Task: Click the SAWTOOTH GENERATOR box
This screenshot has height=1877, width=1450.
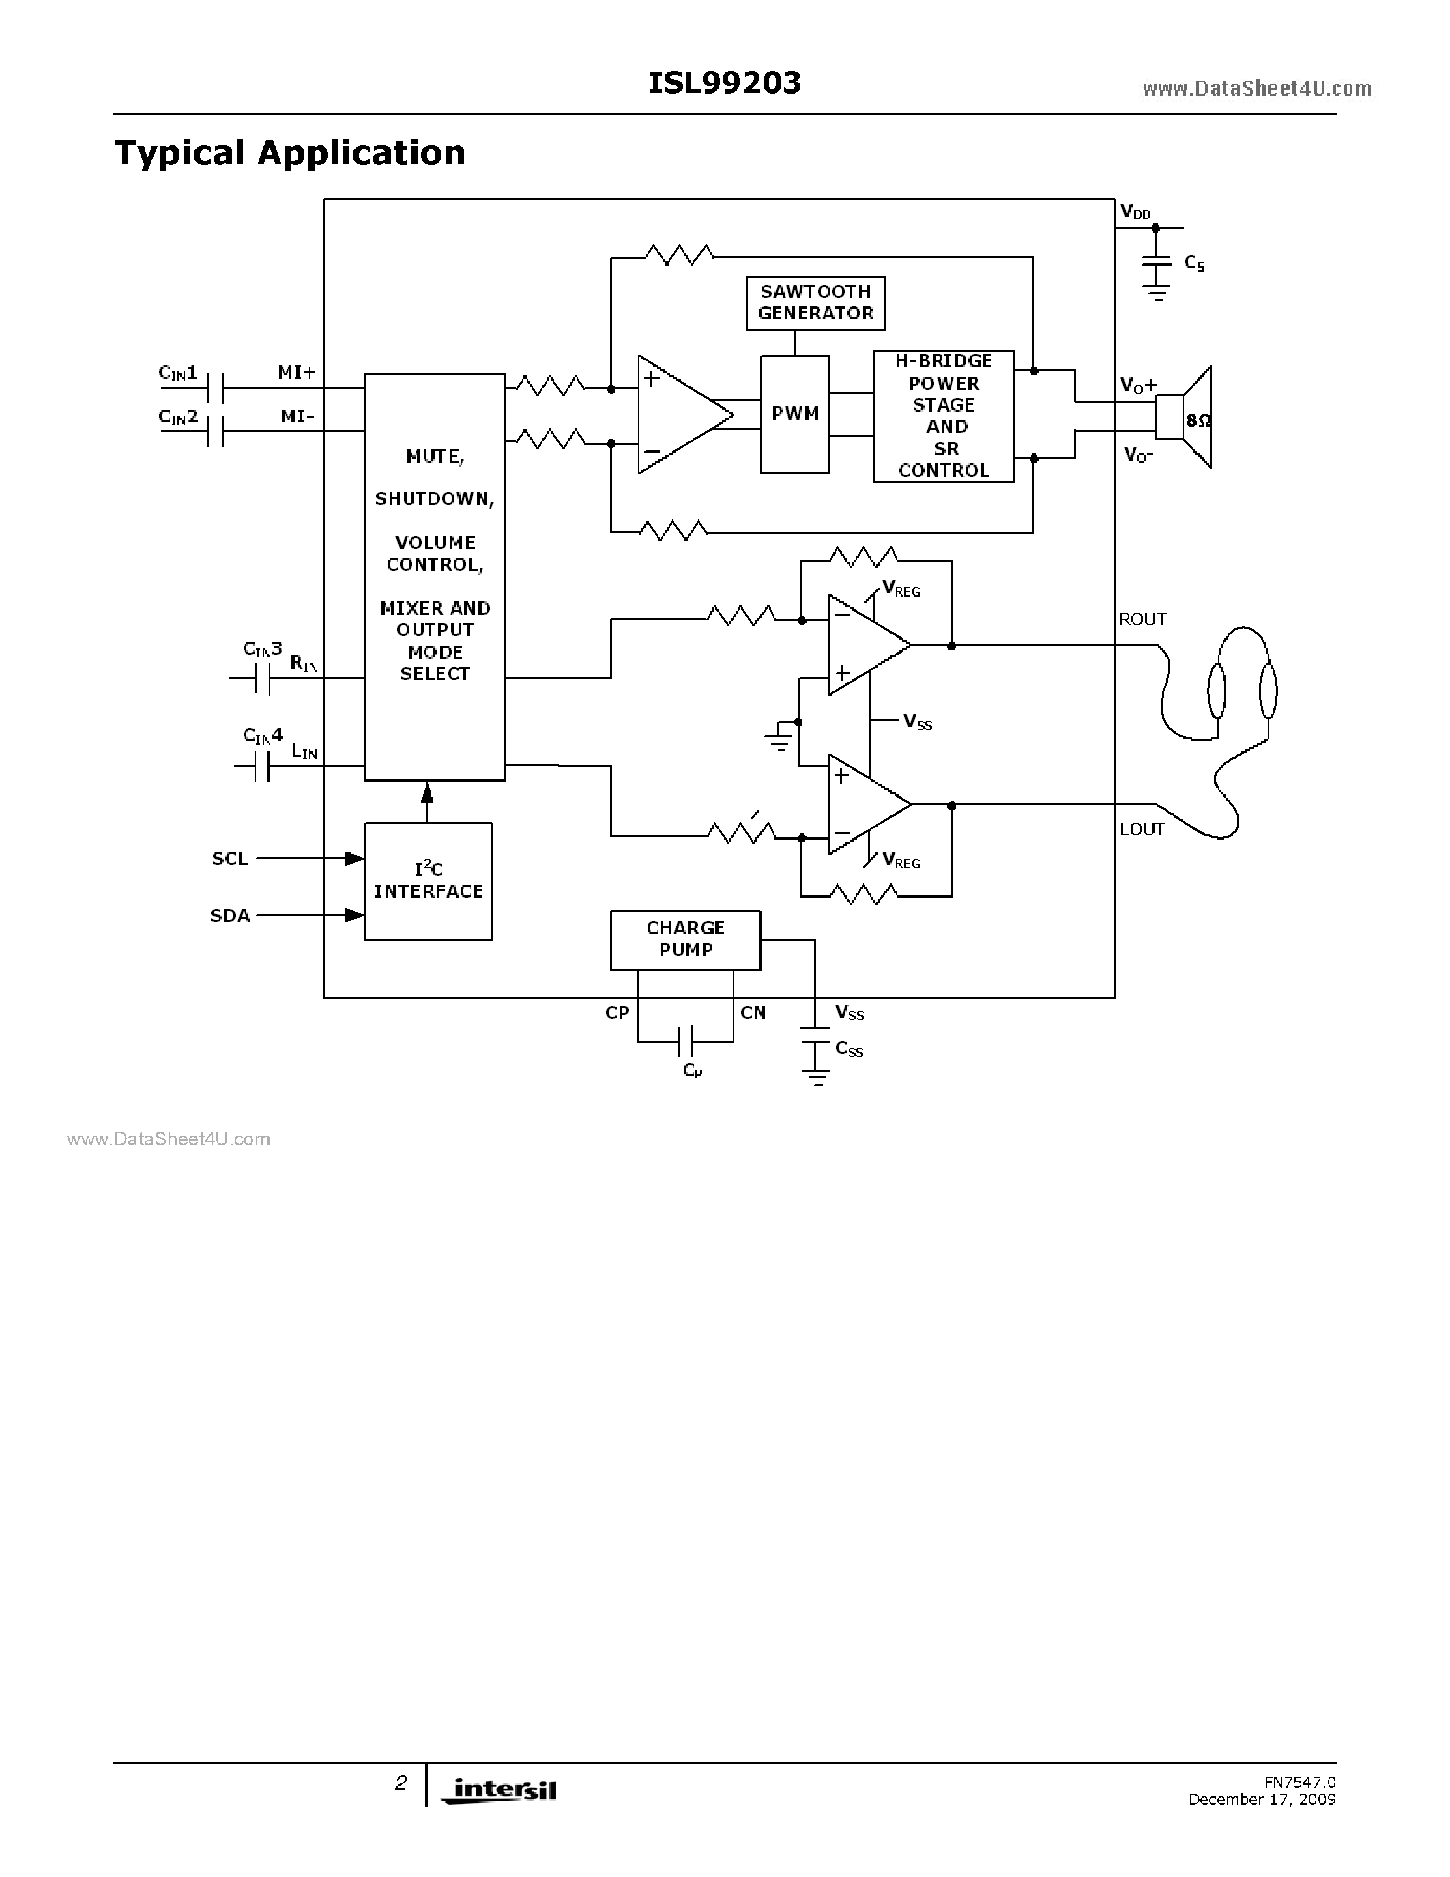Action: (815, 302)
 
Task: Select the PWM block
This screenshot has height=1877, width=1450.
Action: (794, 414)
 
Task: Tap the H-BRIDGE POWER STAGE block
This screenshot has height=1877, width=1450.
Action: (943, 416)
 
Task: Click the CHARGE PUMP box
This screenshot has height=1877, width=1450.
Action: (684, 939)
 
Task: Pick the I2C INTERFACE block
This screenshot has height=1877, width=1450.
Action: (428, 881)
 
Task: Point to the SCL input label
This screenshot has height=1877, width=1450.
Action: (229, 859)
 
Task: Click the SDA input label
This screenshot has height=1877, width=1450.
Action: (229, 916)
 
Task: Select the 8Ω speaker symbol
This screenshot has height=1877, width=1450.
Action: (1185, 418)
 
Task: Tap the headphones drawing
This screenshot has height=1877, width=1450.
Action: (1241, 687)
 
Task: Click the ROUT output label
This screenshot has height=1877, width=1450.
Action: (1142, 620)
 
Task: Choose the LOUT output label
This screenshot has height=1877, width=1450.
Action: (1142, 829)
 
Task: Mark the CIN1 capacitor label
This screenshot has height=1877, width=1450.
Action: (178, 373)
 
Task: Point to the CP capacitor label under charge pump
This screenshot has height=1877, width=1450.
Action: (693, 1071)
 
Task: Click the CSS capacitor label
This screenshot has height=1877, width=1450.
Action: (849, 1049)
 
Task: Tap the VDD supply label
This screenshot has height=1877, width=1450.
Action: (1135, 212)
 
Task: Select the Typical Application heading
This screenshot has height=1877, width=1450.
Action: (289, 153)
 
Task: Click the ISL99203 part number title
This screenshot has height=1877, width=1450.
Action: (724, 83)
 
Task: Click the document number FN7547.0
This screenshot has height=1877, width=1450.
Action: (1299, 1782)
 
